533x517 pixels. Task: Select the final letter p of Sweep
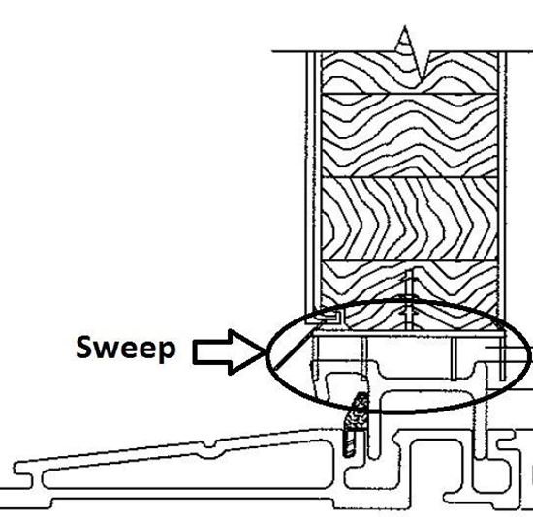tap(168, 352)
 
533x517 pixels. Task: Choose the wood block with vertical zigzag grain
tap(411, 218)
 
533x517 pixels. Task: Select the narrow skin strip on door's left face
tap(312, 184)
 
